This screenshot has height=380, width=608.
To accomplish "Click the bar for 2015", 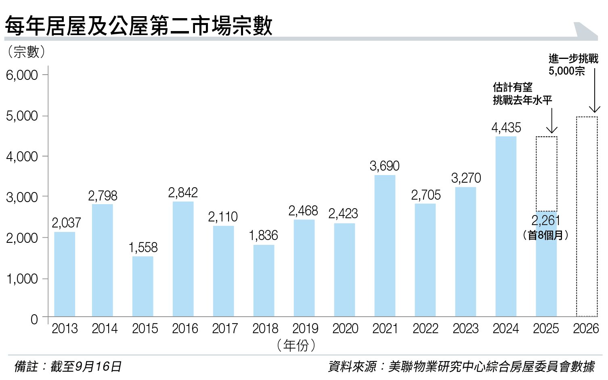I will coord(143,286).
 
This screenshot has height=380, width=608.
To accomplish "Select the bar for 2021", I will coord(385,246).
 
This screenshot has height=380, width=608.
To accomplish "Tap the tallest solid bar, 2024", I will coord(506,226).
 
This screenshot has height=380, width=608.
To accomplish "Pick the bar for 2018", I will coord(264,280).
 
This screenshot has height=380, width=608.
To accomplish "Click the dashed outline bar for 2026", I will coord(587,217).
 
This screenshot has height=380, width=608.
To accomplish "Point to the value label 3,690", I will coord(384,166).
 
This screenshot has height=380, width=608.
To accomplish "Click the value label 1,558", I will coord(143,247).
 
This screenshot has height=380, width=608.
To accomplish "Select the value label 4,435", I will coord(506,128).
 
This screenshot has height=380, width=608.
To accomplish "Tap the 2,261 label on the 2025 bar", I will coord(546,221).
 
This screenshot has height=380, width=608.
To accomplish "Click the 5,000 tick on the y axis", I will coord(22,116).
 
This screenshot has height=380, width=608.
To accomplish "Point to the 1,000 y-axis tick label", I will coord(22,279).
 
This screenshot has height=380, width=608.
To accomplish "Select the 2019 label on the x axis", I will coord(305,329).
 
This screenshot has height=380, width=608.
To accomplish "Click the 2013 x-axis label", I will coord(65,329).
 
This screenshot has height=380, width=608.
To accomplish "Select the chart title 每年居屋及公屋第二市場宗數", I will coord(138,26).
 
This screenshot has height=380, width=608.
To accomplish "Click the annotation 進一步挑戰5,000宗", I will coord(572,65).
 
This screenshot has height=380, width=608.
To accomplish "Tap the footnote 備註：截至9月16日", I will coord(67,366).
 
